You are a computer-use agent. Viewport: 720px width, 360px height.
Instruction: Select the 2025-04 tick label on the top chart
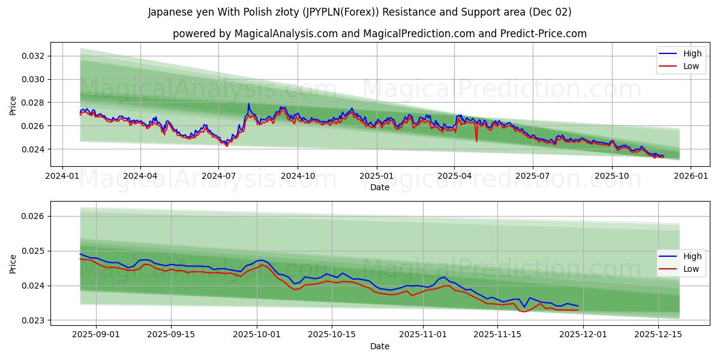pyautogui.click(x=454, y=176)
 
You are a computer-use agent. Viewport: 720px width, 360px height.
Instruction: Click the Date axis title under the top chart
pyautogui.click(x=379, y=187)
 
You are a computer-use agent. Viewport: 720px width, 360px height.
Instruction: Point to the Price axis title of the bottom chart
pyautogui.click(x=13, y=263)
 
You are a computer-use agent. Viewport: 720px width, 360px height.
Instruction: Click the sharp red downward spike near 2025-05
pyautogui.click(x=476, y=141)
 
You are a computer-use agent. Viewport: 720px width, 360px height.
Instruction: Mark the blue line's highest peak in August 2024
pyautogui.click(x=248, y=104)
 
